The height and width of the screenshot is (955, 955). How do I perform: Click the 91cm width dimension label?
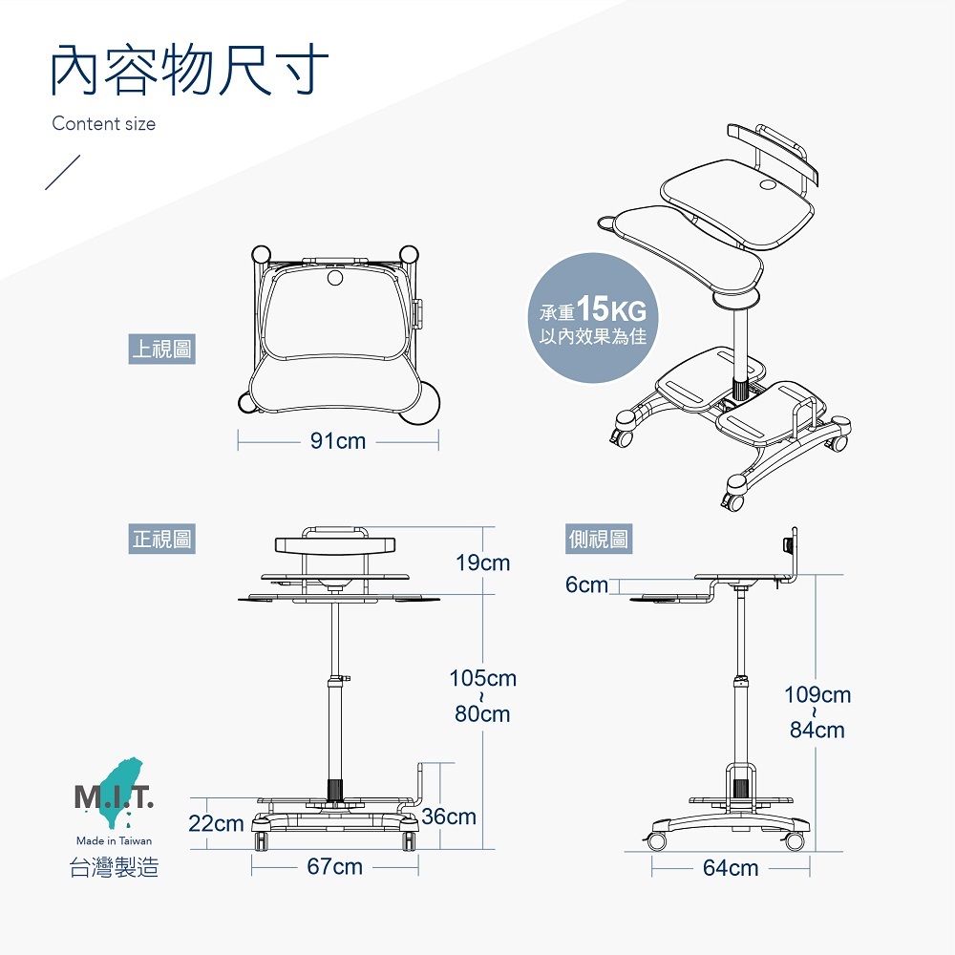tap(338, 441)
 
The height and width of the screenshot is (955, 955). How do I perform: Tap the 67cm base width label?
tap(334, 866)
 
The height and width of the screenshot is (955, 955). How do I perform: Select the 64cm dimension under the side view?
tap(731, 867)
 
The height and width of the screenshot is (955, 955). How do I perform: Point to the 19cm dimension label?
tap(482, 562)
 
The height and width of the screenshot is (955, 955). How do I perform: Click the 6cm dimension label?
tap(586, 584)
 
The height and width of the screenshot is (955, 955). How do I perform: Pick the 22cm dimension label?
tap(216, 822)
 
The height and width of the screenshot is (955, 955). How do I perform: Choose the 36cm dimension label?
tap(448, 817)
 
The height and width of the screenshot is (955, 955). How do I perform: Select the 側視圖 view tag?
tap(598, 540)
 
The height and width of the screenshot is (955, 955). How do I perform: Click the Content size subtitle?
tap(103, 123)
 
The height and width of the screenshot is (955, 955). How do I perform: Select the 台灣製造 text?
tap(114, 868)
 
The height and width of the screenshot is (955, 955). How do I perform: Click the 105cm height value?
tap(482, 678)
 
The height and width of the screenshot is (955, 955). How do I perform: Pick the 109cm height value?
tap(817, 694)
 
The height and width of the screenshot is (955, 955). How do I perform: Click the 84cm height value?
tap(817, 731)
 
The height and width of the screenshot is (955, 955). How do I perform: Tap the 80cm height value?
tap(482, 714)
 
